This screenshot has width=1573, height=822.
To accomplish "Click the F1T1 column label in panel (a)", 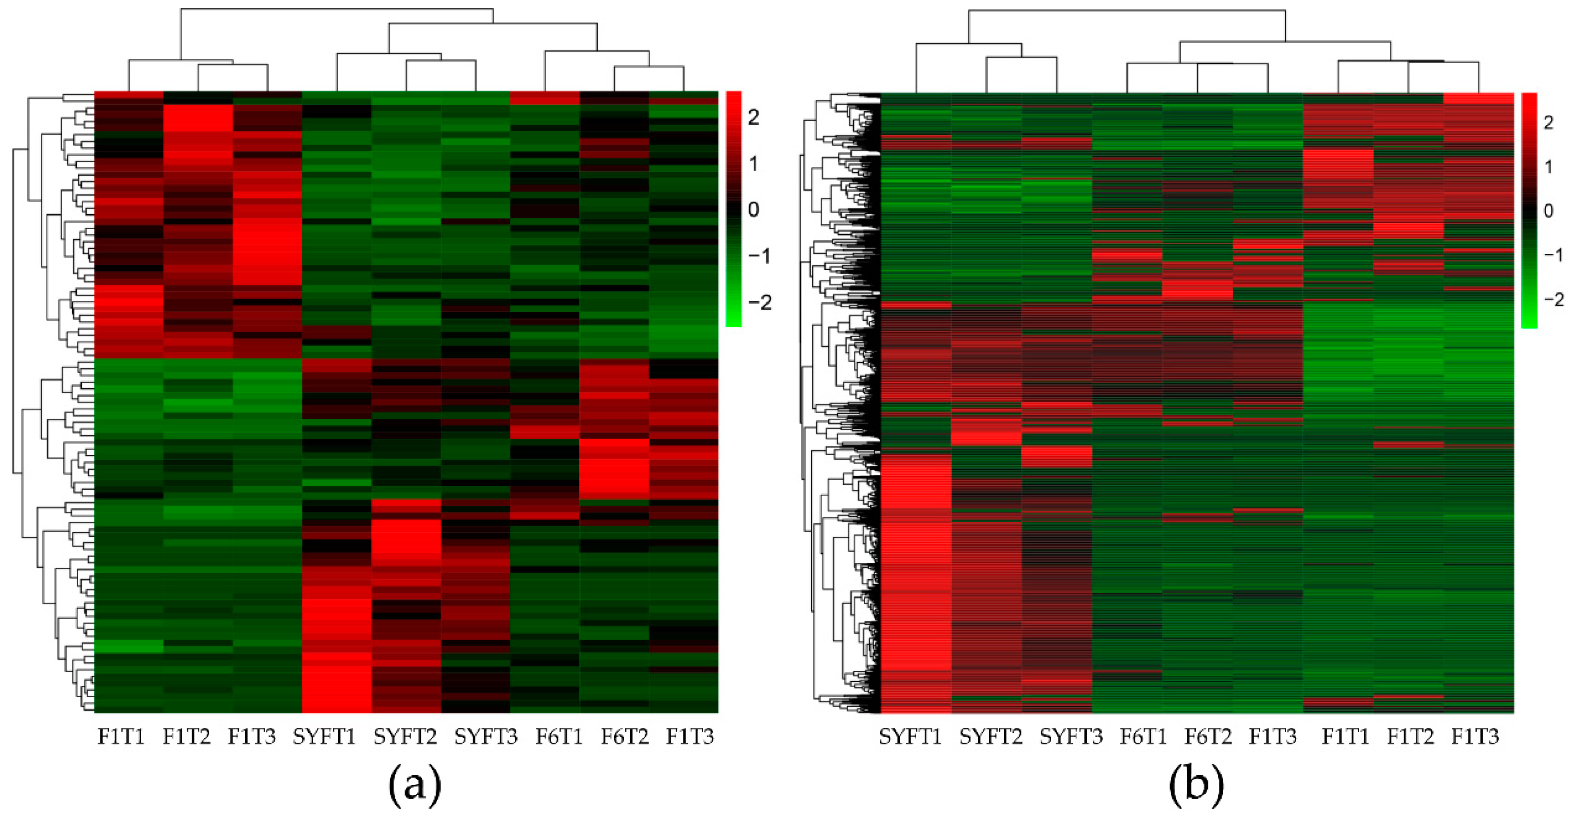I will click(121, 737).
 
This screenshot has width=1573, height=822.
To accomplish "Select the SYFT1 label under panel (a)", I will click(324, 737).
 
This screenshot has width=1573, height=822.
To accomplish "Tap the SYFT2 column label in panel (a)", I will click(405, 737).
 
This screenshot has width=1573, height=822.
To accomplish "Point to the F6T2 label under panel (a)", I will click(624, 737).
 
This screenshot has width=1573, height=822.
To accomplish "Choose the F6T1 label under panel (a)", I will click(559, 737).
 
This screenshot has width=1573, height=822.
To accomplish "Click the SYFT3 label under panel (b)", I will click(1072, 737).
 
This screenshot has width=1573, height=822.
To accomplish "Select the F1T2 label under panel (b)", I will click(1410, 737).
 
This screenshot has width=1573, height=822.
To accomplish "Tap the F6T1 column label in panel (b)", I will click(1143, 737).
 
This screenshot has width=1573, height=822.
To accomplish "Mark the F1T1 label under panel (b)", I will click(1345, 737).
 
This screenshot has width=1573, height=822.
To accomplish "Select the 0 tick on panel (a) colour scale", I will click(754, 209).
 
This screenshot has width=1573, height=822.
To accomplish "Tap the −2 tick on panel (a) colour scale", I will click(759, 302).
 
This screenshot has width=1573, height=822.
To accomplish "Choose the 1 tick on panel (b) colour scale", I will click(1548, 166).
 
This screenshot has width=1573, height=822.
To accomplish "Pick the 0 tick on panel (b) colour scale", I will click(1548, 211).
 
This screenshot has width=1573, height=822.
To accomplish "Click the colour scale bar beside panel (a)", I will click(733, 209).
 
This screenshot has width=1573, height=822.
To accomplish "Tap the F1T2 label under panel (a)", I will click(186, 737).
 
